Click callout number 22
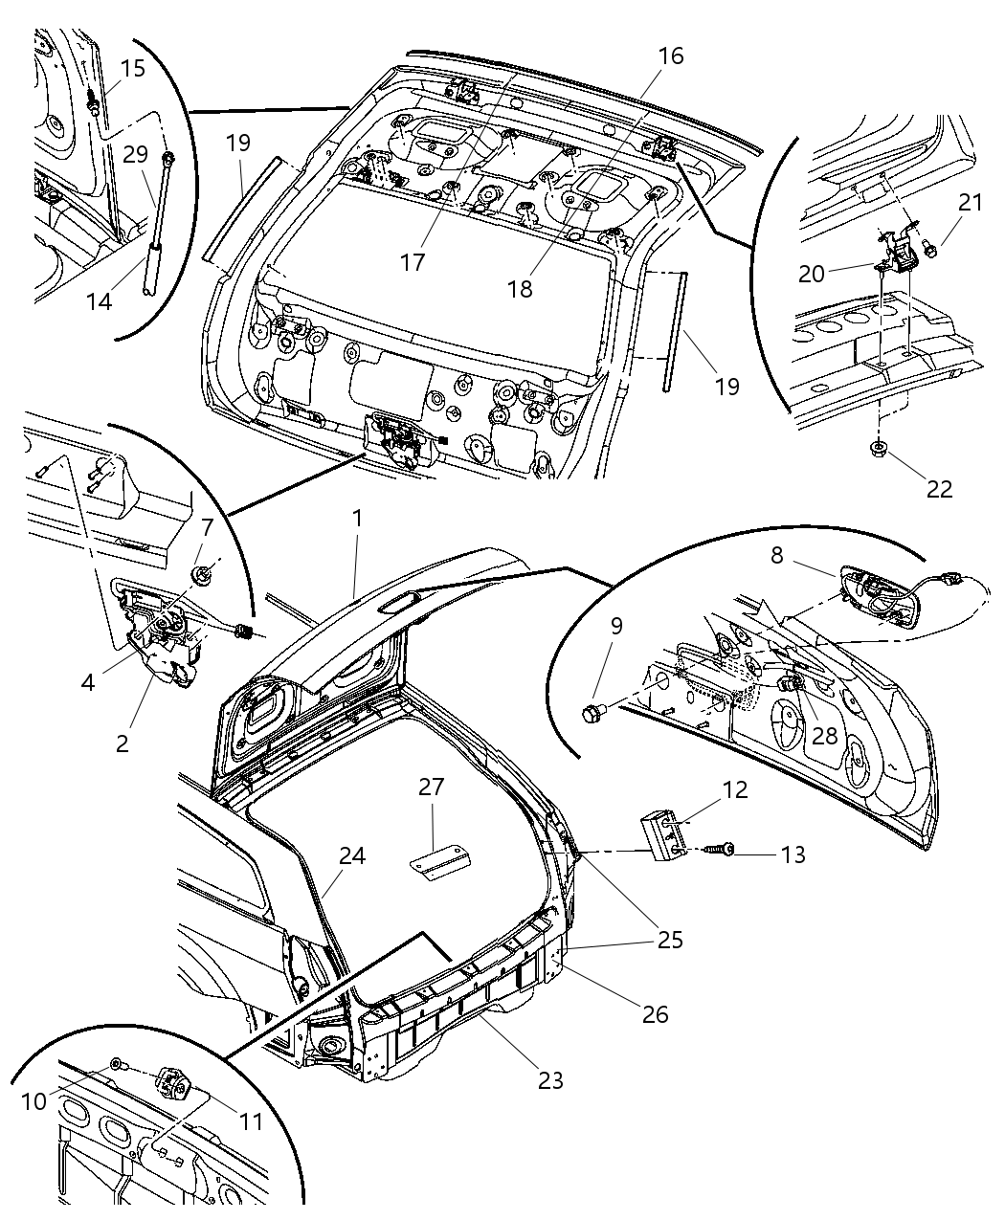pyautogui.click(x=939, y=488)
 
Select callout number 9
pyautogui.click(x=616, y=626)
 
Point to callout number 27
pyautogui.click(x=432, y=787)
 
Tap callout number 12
pyautogui.click(x=735, y=790)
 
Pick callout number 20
pyautogui.click(x=812, y=274)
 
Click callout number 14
pyautogui.click(x=99, y=301)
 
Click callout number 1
pyautogui.click(x=357, y=518)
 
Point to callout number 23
pyautogui.click(x=549, y=1080)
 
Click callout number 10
pyautogui.click(x=33, y=1101)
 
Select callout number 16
pyautogui.click(x=671, y=56)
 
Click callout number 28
pyautogui.click(x=824, y=735)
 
